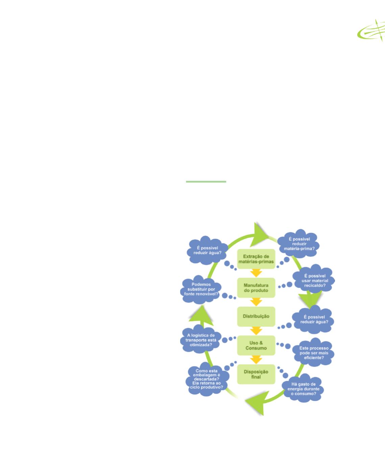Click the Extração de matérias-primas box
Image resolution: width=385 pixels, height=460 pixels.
(256, 259)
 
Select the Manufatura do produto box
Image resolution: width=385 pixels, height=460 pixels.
(256, 288)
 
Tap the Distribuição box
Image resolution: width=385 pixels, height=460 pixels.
(256, 316)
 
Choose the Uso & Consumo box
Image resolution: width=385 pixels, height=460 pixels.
(256, 345)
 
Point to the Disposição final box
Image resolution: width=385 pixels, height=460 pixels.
(256, 374)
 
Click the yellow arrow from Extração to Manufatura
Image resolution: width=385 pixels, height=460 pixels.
(256, 273)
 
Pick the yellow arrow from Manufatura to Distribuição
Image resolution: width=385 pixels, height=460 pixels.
(256, 301)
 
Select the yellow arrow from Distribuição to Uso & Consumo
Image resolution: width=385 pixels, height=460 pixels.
(256, 330)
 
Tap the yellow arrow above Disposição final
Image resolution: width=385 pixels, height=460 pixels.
(256, 359)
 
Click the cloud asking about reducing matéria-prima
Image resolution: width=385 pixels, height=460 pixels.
(299, 244)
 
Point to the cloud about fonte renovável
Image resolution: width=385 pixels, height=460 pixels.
(201, 290)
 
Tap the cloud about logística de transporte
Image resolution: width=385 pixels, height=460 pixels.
(201, 340)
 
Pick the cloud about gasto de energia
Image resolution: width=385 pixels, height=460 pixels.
(303, 389)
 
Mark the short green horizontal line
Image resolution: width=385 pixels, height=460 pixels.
(206, 182)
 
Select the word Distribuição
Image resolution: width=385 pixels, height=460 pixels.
(256, 316)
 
